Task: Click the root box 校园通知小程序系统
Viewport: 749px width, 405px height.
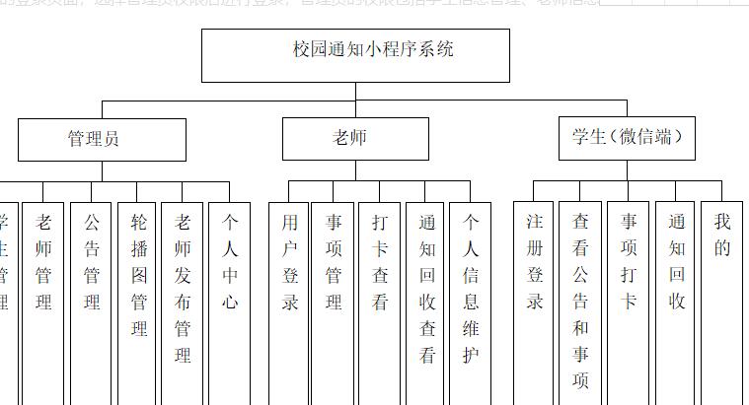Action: (x=355, y=55)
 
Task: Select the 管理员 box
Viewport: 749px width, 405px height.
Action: (x=102, y=139)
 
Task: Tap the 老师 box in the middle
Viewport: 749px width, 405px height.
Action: (x=355, y=139)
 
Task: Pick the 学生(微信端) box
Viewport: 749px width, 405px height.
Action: (x=627, y=138)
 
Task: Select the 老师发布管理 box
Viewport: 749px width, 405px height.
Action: (x=184, y=286)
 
